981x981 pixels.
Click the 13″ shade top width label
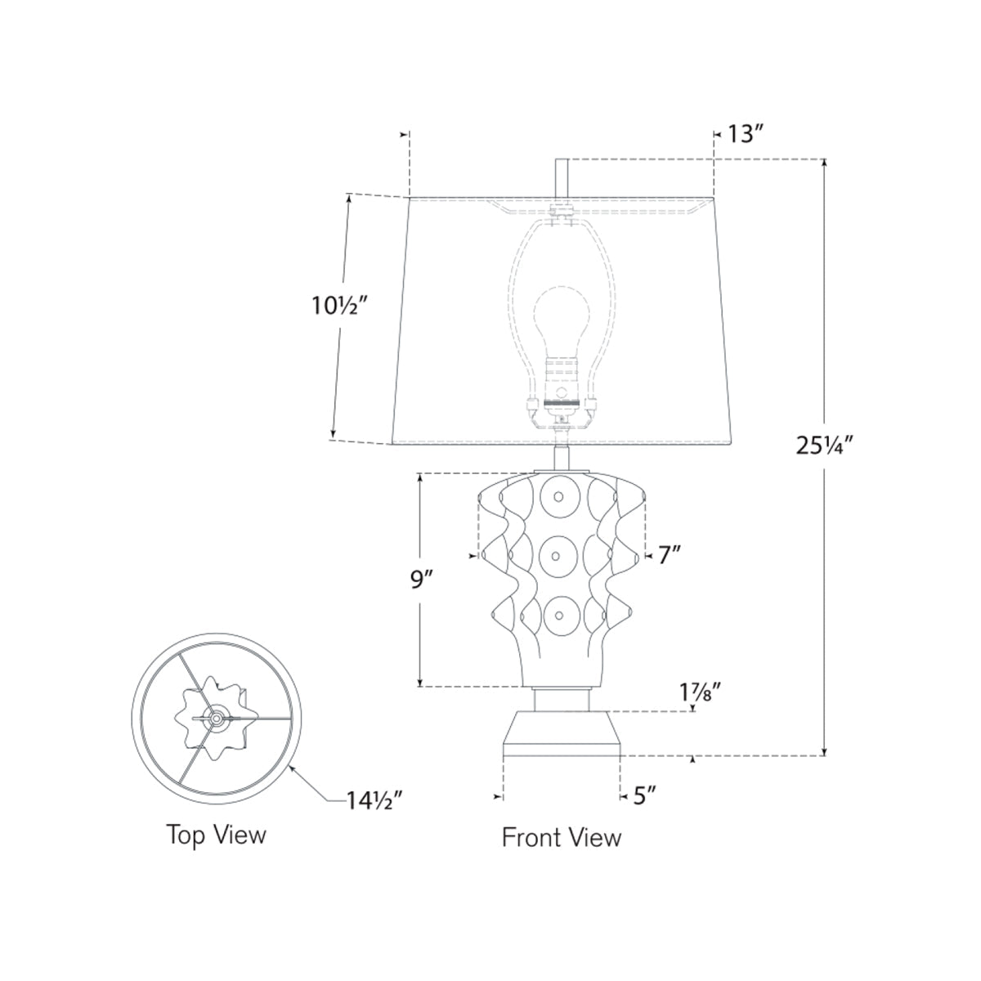coord(746,134)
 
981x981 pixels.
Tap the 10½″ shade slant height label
coord(339,306)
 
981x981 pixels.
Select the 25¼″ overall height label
coord(824,446)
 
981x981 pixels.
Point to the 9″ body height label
coord(421,580)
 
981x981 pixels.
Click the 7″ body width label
coord(670,555)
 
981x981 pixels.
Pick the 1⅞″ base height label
coord(701,692)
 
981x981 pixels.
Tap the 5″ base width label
coord(644,795)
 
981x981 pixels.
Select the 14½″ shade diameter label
coord(374,801)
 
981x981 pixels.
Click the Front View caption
coord(562,837)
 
